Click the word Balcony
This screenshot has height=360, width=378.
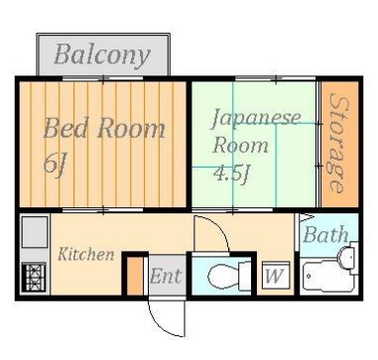(101, 54)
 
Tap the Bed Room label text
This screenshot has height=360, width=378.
(103, 128)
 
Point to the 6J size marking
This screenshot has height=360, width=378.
(56, 163)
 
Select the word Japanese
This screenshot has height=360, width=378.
(255, 117)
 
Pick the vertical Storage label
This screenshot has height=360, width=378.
(338, 144)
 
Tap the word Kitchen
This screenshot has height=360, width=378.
(85, 255)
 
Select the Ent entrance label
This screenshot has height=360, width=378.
(165, 277)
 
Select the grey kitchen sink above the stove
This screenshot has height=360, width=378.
(34, 232)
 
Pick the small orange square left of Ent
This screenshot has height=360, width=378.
(135, 276)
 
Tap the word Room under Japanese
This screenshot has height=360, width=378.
(240, 144)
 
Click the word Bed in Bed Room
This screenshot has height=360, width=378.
(67, 128)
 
